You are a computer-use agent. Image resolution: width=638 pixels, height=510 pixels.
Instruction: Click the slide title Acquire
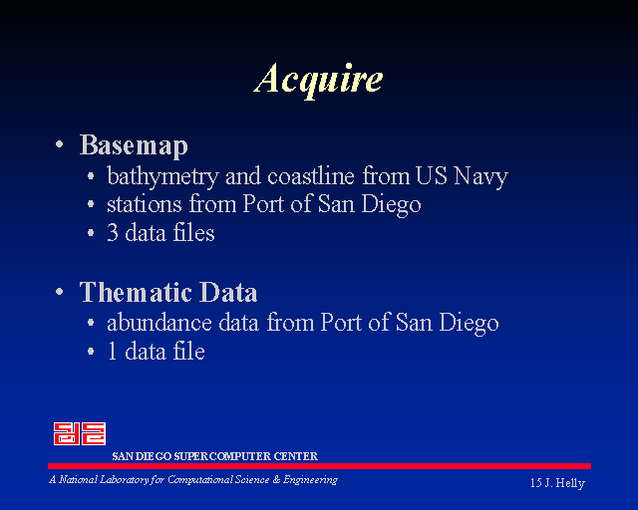(318, 80)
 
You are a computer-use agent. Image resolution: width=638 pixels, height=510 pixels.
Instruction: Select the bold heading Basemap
(134, 145)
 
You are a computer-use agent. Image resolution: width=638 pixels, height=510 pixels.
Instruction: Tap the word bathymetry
(162, 177)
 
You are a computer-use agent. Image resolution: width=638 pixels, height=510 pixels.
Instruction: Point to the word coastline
(311, 176)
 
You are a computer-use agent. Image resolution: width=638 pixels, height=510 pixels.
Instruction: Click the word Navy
(480, 177)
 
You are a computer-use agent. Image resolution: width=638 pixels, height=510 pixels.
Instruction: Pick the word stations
(144, 204)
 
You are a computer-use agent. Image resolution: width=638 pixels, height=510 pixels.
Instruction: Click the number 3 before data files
(113, 233)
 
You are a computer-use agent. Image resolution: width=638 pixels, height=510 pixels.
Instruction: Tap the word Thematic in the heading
(136, 292)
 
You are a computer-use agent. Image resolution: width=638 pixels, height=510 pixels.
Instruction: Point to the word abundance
(159, 323)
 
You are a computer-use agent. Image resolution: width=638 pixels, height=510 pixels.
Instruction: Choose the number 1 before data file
(113, 352)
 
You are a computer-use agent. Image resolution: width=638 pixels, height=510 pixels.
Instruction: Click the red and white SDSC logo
(80, 433)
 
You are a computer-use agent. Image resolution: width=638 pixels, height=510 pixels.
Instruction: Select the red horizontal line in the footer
(319, 466)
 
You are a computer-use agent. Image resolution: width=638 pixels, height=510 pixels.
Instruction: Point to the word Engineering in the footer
(310, 480)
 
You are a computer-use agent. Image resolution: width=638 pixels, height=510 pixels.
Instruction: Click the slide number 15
(536, 483)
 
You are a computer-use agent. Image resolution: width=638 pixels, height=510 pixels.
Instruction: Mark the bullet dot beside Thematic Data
(60, 292)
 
